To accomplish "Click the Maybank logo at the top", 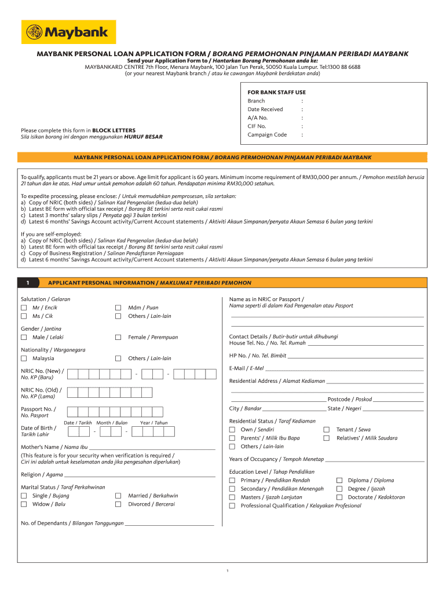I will point(68,32).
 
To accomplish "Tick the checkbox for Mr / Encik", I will point(24,308).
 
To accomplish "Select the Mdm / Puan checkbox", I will point(118,308).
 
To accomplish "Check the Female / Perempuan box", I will point(118,337).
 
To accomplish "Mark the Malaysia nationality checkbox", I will point(24,358).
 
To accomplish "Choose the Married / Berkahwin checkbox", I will point(118,496).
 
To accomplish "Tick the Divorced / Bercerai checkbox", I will point(118,504).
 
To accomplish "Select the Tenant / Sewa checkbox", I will point(327,430).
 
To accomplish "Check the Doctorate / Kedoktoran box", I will point(340,497).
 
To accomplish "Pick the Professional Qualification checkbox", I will point(232,506).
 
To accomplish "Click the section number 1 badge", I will point(28,283).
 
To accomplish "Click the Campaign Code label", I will point(267,135).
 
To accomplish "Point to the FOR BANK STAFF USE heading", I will point(276,92).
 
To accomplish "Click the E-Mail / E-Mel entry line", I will point(344,369).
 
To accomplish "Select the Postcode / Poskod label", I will point(350,400).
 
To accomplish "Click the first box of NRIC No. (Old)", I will point(72,393).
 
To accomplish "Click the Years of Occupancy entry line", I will point(374,460).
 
